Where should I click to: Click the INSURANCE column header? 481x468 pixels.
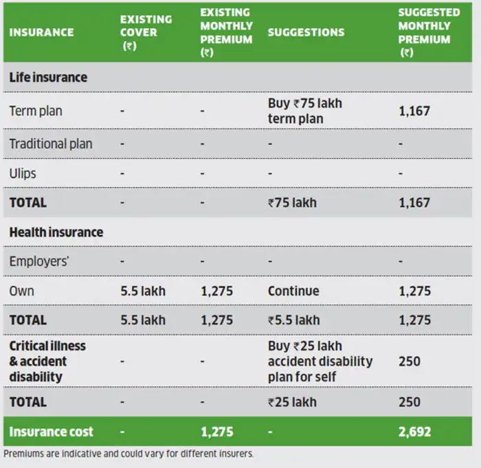(41, 32)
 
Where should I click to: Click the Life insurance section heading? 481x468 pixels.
(48, 78)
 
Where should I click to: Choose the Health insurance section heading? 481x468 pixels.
(56, 232)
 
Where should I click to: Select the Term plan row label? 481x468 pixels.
(36, 111)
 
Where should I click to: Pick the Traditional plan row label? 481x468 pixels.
(51, 144)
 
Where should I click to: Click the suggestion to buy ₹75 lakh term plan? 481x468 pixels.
(304, 111)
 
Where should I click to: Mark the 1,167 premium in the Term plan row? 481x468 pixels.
(414, 111)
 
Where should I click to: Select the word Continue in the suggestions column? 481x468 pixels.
(293, 291)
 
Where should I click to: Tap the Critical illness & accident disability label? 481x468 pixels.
(47, 361)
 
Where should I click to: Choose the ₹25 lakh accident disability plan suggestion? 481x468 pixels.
(320, 361)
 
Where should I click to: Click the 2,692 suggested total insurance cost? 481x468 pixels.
(415, 432)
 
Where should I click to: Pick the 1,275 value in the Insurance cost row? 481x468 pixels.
(216, 432)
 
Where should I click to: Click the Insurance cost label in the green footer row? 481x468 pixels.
(51, 432)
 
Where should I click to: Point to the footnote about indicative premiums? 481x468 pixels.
(128, 454)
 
